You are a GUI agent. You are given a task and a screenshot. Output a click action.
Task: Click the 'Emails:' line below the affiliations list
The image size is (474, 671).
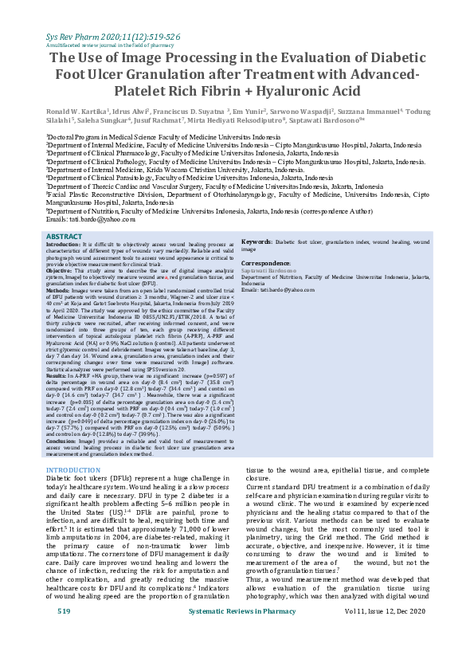91,218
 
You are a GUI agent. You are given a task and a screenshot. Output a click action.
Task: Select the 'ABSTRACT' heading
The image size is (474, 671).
64,237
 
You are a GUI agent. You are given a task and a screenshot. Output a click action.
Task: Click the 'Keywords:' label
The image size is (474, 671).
257,241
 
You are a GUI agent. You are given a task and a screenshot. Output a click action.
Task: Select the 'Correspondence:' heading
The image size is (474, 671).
266,262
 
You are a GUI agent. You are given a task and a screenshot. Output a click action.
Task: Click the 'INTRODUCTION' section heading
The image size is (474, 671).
74,471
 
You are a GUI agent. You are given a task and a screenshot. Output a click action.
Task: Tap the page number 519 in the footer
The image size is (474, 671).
65,655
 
